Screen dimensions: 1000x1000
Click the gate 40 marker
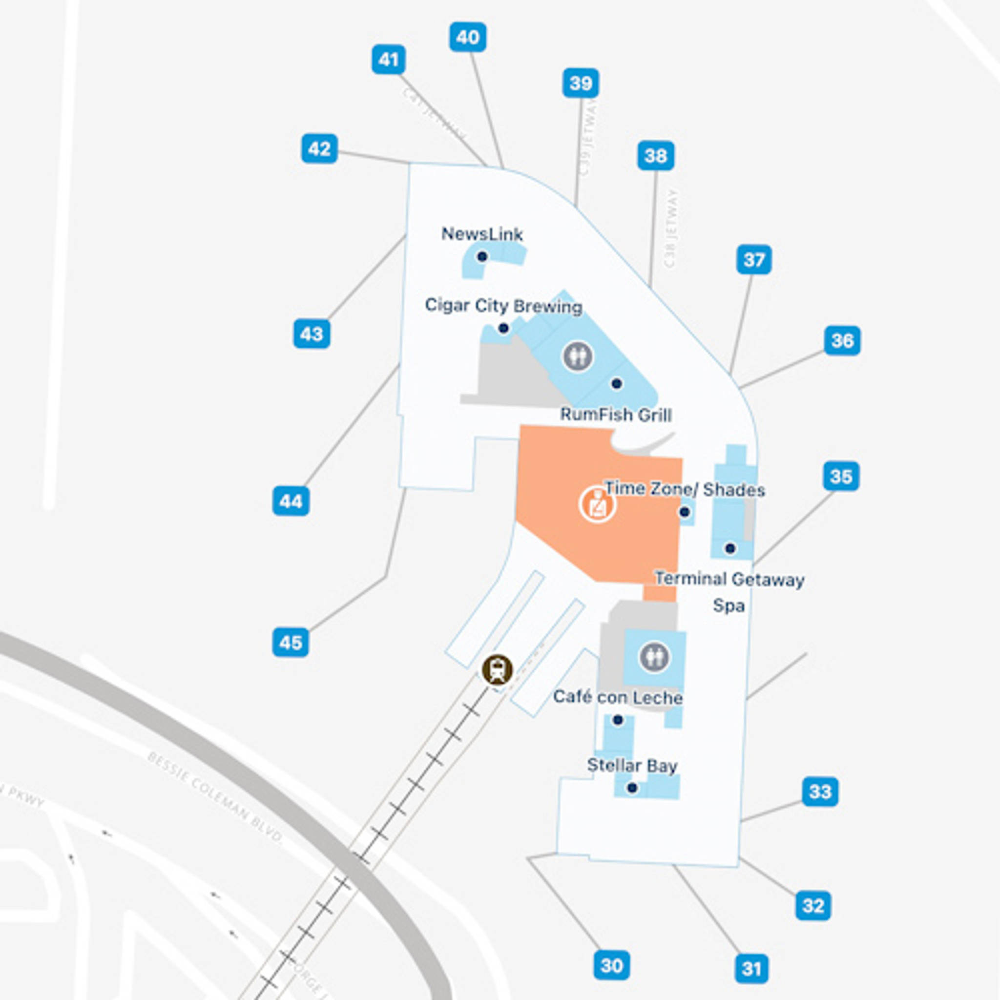click(x=467, y=37)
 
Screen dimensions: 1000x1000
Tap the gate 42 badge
click(x=319, y=149)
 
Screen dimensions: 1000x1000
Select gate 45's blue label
click(x=291, y=643)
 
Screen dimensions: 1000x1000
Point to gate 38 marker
click(x=655, y=155)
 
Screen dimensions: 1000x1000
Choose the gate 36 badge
click(x=842, y=341)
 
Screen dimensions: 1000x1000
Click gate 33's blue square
click(x=820, y=792)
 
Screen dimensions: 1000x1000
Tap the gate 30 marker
click(x=611, y=965)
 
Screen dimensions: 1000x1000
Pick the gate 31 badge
click(x=751, y=968)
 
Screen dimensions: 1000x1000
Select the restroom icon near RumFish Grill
click(x=578, y=356)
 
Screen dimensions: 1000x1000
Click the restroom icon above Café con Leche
click(x=654, y=657)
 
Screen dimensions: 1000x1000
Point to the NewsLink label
click(x=482, y=234)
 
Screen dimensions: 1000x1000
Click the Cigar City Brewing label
click(x=503, y=305)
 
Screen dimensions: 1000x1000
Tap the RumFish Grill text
click(x=616, y=415)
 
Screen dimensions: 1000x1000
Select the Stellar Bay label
click(x=632, y=765)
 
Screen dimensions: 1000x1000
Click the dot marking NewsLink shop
click(x=482, y=256)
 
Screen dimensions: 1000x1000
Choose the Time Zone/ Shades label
click(x=685, y=489)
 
